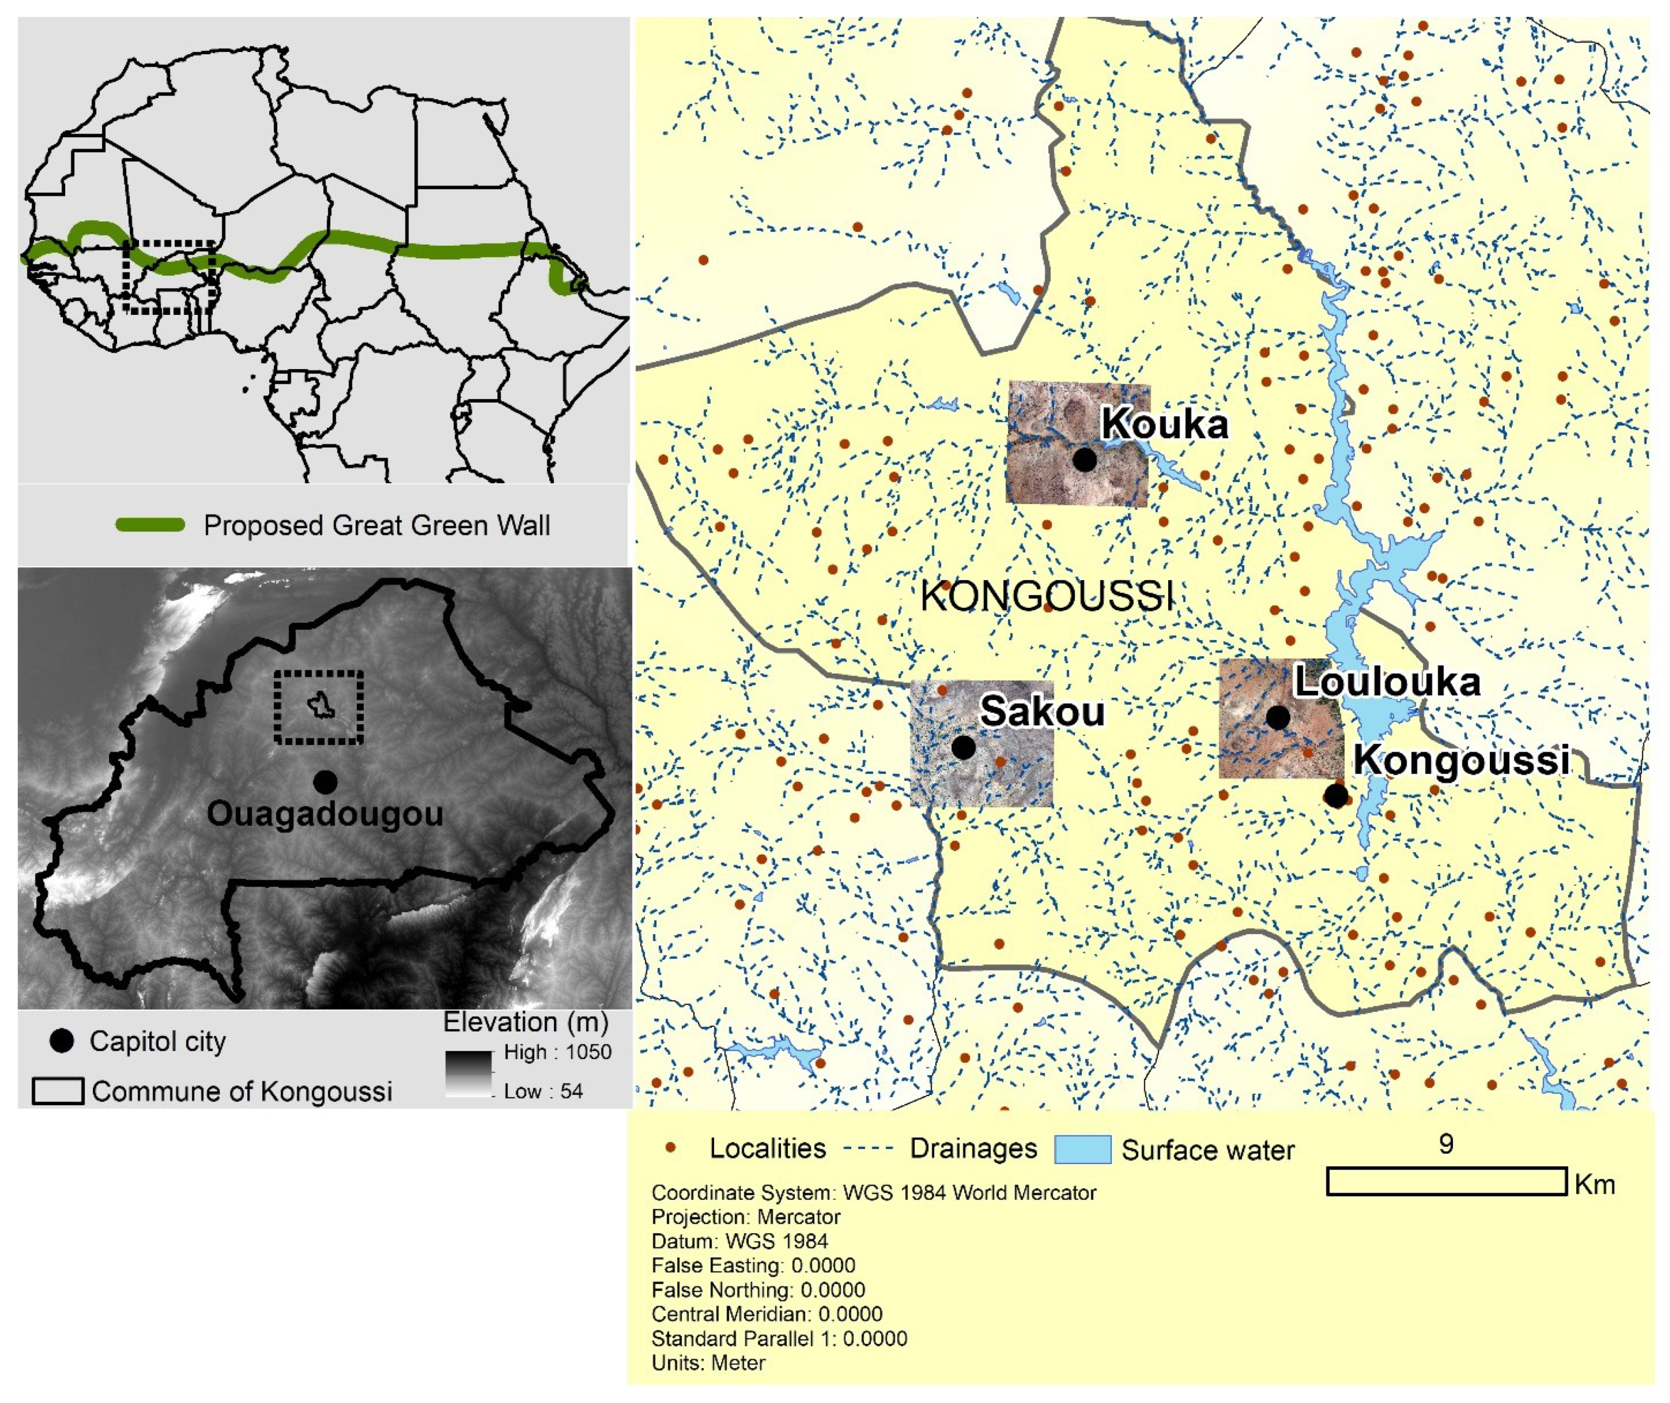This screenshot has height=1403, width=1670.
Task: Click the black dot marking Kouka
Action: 1084,459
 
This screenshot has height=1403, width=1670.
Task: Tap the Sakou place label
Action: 1042,710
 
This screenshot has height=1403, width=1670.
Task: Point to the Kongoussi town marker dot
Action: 1336,795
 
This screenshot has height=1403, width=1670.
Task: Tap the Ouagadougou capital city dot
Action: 324,782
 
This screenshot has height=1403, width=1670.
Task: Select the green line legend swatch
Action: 150,525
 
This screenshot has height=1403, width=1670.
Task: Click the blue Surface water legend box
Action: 1082,1150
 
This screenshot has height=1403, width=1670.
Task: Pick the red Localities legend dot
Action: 671,1148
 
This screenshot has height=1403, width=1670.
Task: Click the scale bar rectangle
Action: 1446,1181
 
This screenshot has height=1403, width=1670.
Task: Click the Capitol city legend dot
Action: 61,1041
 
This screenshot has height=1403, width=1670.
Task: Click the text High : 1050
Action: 557,1052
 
